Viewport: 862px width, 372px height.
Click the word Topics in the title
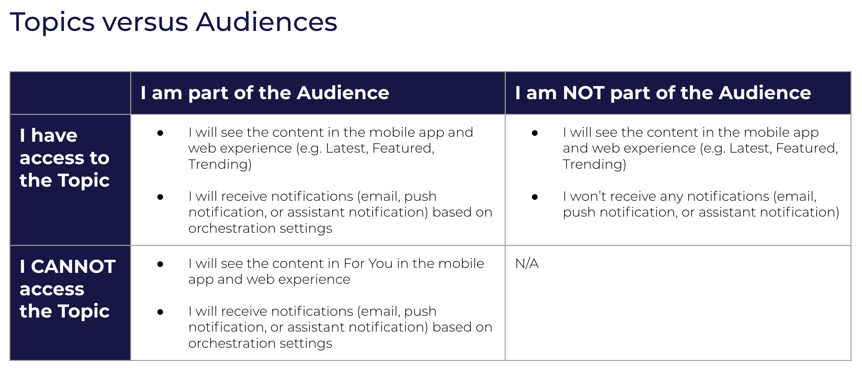click(52, 23)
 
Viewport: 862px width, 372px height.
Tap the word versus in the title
click(145, 23)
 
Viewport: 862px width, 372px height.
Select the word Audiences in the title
click(266, 23)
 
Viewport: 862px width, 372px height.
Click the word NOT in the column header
click(584, 93)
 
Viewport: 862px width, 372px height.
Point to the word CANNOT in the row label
click(73, 267)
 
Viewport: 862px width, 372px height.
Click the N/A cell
click(527, 264)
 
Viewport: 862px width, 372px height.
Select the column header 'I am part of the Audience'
click(265, 93)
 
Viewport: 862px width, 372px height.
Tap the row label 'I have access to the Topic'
click(65, 158)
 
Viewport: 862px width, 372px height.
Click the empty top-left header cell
click(70, 93)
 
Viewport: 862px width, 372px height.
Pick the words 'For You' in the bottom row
click(368, 264)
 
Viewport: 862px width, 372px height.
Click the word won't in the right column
click(589, 197)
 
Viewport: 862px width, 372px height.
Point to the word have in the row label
click(54, 136)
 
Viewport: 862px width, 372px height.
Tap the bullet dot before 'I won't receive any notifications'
click(535, 197)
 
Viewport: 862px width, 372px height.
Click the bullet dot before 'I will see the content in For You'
click(160, 264)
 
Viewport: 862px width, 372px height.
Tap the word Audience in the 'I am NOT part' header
click(765, 93)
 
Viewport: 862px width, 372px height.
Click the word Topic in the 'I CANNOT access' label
click(84, 312)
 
